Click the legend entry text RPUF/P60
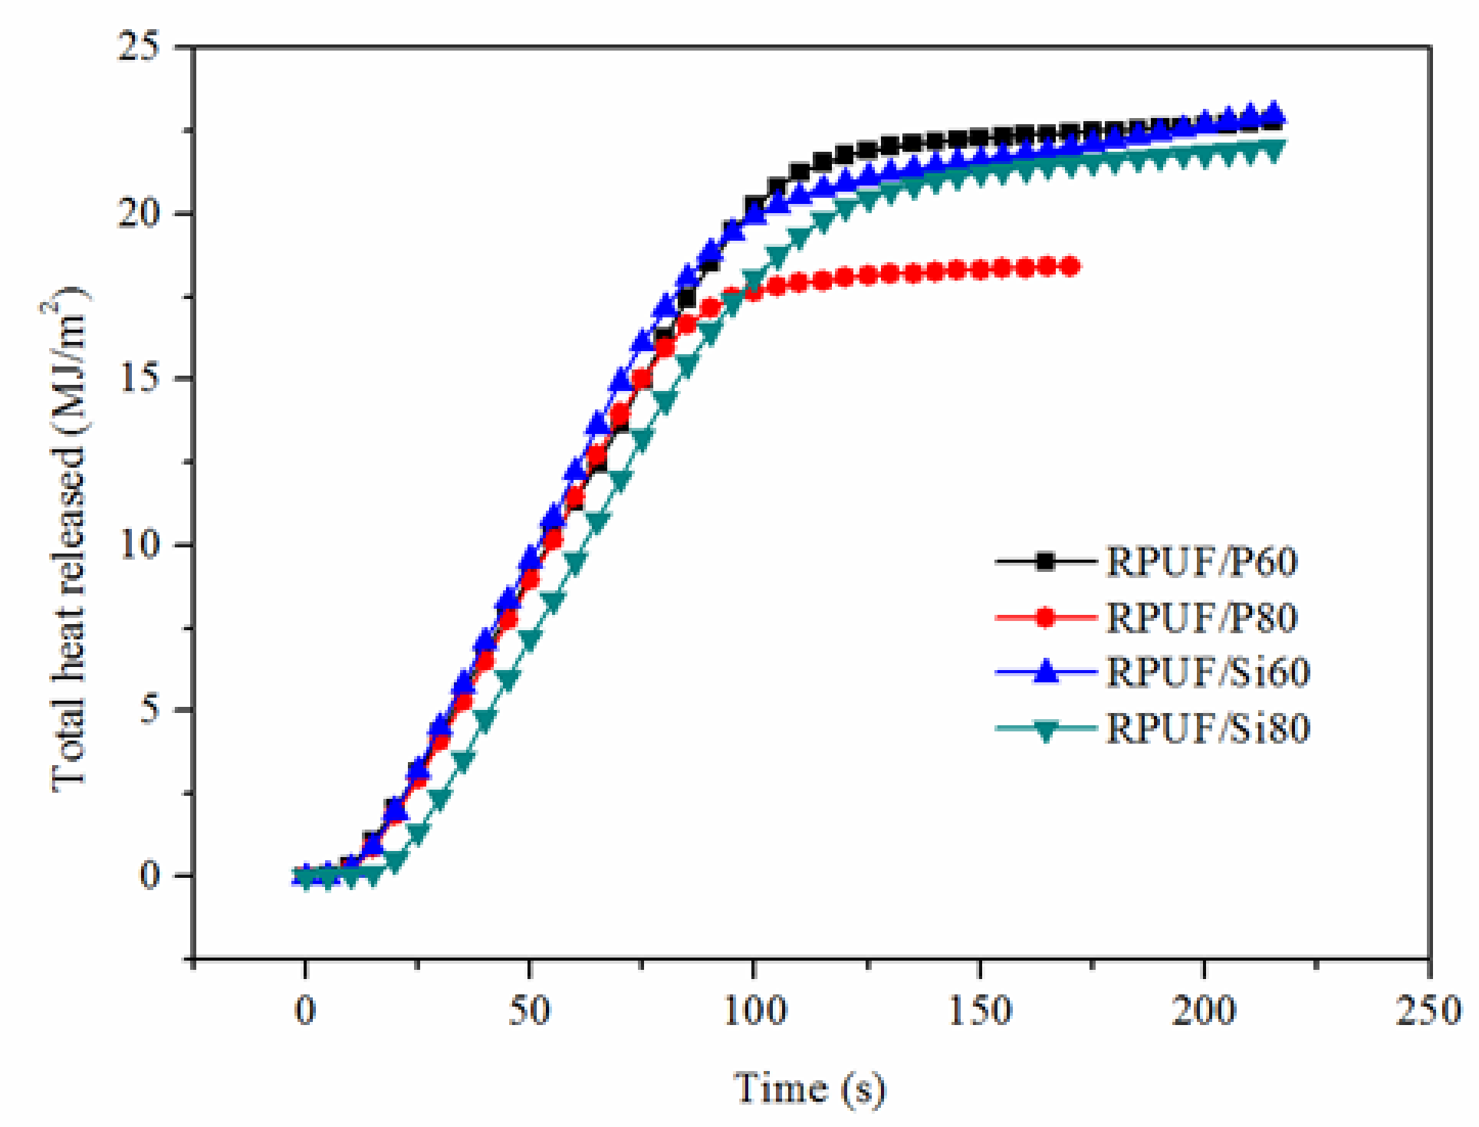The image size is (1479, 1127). click(1201, 561)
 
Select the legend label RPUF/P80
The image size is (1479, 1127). click(1201, 617)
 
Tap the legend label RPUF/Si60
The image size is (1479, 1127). click(1208, 672)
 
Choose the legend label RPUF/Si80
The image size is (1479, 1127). click(1208, 728)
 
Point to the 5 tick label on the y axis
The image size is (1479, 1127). click(156, 709)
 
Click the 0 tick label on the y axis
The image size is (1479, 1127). click(156, 875)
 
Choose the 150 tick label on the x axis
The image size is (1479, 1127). click(980, 1010)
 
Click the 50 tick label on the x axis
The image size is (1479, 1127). click(529, 1010)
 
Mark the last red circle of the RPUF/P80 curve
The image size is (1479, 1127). click(1072, 266)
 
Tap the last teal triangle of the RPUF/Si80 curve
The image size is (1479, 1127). click(1273, 151)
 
